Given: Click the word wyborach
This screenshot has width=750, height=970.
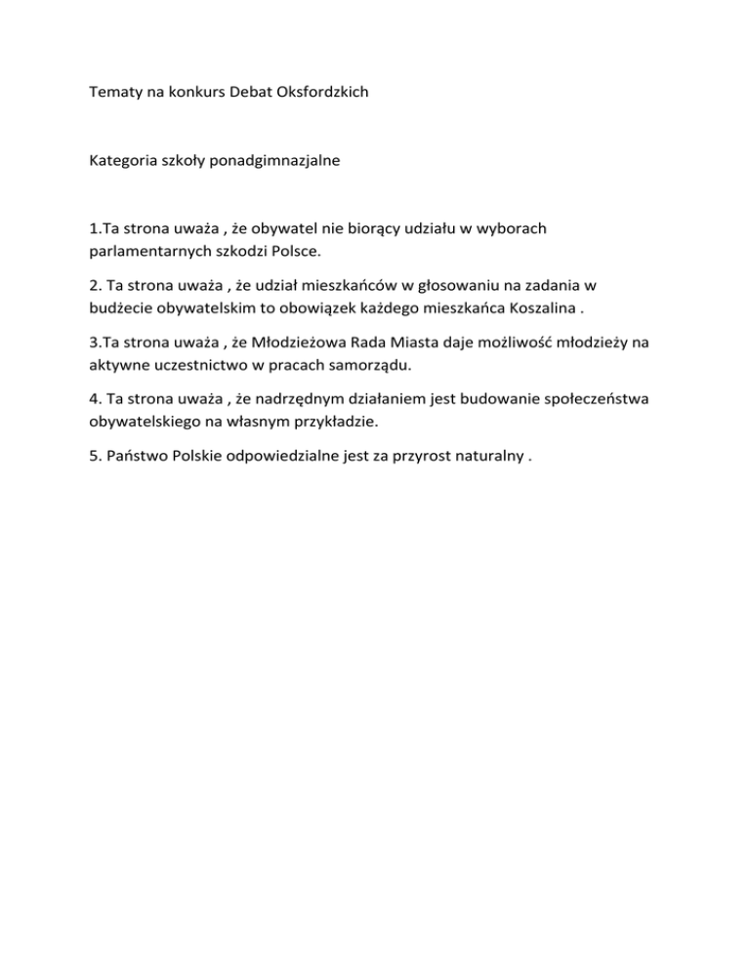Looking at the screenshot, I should tap(510, 229).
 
